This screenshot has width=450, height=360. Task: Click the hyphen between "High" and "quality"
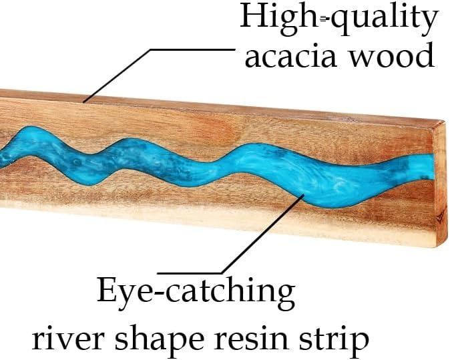pyautogui.click(x=324, y=19)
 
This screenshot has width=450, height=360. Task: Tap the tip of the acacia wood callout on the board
pyautogui.click(x=83, y=102)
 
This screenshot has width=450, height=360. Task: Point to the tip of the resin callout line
pyautogui.click(x=305, y=194)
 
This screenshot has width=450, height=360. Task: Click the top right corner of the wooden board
pyautogui.click(x=443, y=122)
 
